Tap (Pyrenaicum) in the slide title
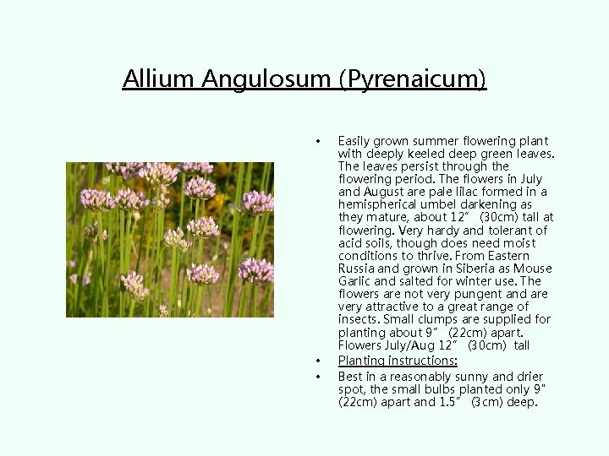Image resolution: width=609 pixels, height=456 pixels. click(x=413, y=79)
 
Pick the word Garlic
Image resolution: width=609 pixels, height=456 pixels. click(x=356, y=281)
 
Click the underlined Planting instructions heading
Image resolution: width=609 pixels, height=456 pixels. click(x=386, y=361)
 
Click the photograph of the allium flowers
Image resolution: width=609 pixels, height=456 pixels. click(x=170, y=240)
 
